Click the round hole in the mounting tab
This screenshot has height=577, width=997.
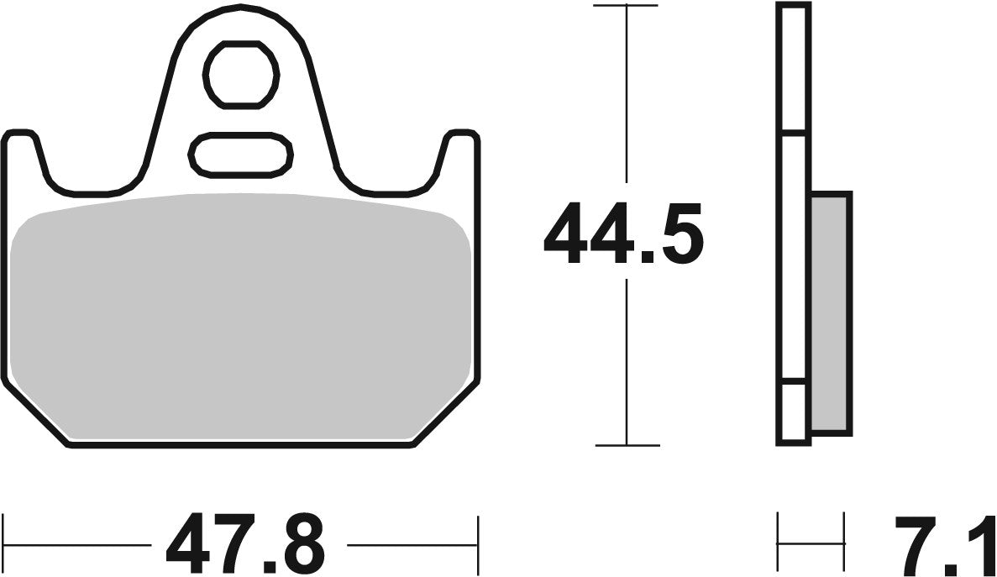click(242, 75)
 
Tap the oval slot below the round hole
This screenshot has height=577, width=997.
click(242, 154)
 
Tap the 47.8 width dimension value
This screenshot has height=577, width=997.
click(245, 542)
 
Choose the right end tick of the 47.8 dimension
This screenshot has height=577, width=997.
click(477, 542)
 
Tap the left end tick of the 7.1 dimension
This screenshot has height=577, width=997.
click(779, 542)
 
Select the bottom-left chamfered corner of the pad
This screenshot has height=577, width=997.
click(38, 416)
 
